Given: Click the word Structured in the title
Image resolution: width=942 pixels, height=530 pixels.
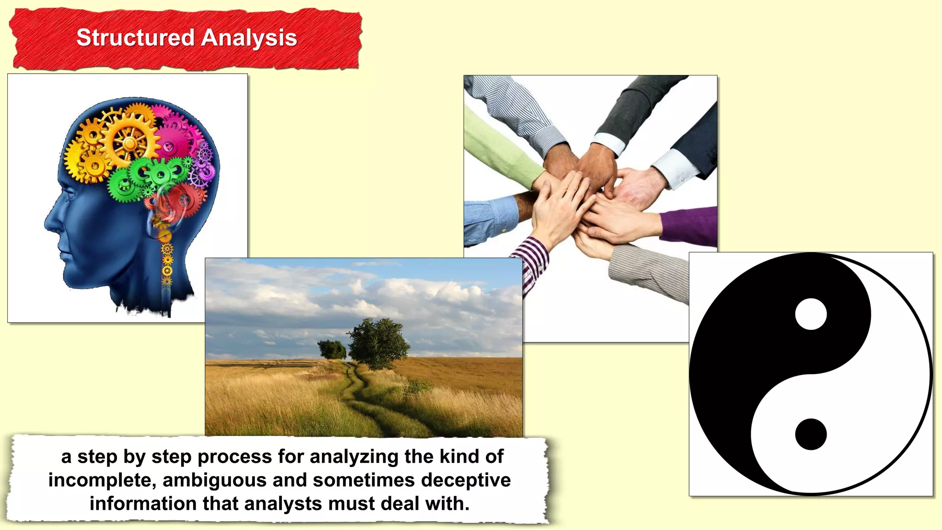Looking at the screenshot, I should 135,38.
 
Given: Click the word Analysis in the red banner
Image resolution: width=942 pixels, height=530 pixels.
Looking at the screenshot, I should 249,38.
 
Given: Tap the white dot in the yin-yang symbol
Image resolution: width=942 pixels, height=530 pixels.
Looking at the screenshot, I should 810,314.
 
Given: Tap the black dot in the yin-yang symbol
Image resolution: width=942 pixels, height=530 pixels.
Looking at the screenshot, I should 810,434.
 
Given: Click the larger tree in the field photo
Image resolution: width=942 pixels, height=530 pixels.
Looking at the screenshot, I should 378,343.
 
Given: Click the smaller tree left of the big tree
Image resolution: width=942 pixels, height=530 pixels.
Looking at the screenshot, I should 332,350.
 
